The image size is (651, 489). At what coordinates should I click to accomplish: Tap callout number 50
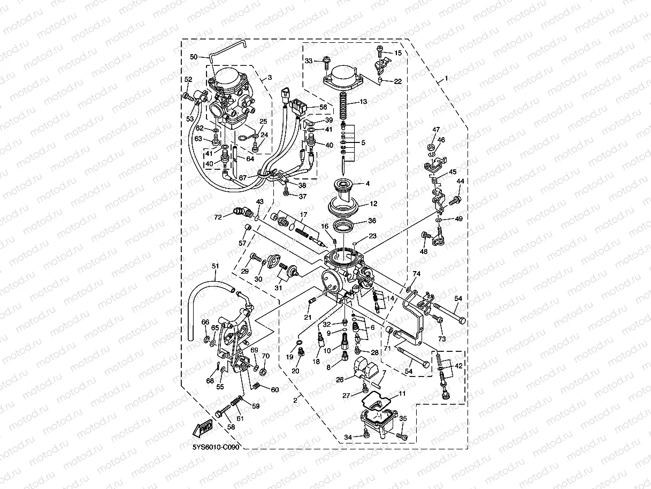[194, 57]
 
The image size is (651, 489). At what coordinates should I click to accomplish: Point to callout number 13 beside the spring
[363, 101]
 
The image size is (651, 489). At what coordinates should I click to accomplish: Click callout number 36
[372, 220]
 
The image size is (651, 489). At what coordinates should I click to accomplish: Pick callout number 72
[218, 217]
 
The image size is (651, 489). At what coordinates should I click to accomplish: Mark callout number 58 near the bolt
[231, 427]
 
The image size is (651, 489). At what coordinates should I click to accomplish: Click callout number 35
[403, 418]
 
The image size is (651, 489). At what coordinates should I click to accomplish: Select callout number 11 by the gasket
[402, 394]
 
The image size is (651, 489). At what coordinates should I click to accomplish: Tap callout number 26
[340, 380]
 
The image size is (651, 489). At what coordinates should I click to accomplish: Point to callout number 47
[436, 130]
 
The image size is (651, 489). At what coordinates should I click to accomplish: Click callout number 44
[460, 181]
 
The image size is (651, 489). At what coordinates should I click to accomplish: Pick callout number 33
[308, 61]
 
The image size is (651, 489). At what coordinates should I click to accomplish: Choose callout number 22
[397, 81]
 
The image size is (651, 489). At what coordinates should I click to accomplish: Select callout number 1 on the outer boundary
[446, 79]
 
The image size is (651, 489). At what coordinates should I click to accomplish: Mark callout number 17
[303, 215]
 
